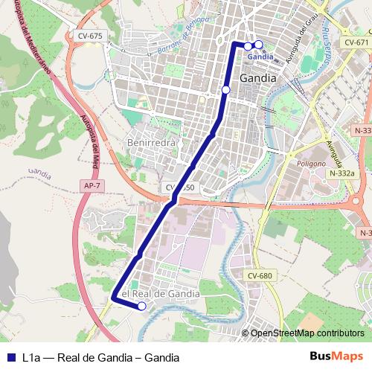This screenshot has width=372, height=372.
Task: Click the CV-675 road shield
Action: coord(90,35)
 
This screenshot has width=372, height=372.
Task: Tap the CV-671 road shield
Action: coord(356,43)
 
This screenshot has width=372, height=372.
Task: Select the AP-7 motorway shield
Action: coord(92,185)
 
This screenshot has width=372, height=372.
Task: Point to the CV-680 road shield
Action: coord(260,276)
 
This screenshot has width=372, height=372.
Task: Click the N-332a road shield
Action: coord(341,173)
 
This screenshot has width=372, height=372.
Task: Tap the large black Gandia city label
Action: coord(258,77)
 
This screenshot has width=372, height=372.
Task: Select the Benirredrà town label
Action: coord(152,142)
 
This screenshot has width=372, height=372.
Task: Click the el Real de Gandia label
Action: coord(160,294)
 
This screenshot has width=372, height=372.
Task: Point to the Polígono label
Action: coord(312,162)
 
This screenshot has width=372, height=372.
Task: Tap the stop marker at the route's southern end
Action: coord(142,306)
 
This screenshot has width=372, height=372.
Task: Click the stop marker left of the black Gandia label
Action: coord(225,90)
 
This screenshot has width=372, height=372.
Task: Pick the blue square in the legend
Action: coord(10,357)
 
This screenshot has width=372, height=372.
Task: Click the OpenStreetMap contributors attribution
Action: coord(307,333)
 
